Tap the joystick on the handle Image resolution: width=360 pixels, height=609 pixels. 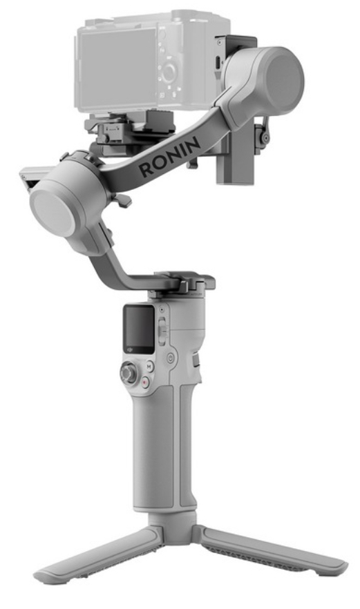(x=129, y=374)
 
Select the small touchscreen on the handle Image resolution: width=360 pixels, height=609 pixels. (x=138, y=327)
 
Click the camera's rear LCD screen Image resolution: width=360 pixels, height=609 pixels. (x=117, y=59)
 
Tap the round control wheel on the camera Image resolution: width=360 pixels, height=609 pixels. (x=169, y=70)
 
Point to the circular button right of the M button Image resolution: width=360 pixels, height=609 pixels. (x=170, y=359)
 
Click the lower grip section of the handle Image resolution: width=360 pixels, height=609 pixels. (x=158, y=456)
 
